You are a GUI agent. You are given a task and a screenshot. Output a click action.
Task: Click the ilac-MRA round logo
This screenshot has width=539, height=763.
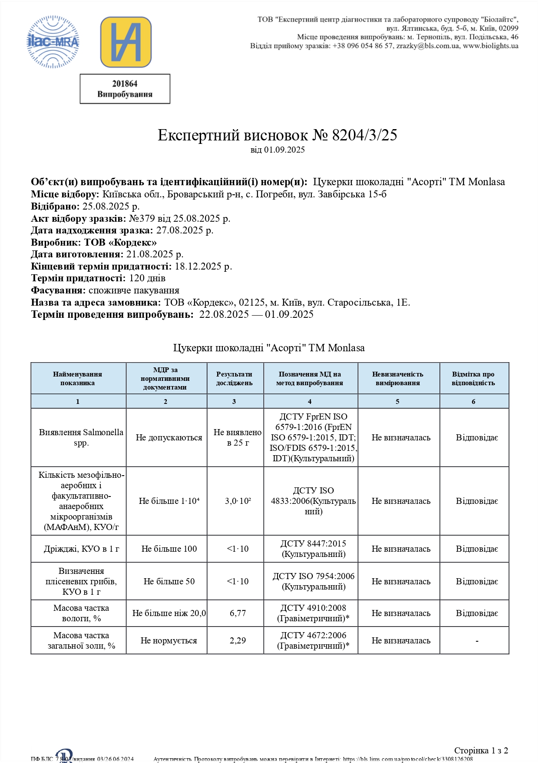53,42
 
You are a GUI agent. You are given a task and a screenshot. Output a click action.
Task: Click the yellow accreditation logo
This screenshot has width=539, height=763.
126,42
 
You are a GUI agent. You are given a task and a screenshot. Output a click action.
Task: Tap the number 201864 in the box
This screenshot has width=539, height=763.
125,83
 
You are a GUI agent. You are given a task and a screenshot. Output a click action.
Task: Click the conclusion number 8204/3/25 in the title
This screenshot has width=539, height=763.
364,135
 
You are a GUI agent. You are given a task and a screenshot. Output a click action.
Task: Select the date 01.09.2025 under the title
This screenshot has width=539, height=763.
284,150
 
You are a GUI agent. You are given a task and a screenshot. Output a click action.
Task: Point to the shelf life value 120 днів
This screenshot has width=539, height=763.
147,278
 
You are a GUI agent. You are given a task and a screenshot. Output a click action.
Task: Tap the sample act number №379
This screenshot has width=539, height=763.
142,218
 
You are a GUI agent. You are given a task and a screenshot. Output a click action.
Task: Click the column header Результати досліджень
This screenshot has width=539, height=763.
235,379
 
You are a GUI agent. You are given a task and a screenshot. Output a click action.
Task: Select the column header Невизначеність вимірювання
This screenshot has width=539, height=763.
397,379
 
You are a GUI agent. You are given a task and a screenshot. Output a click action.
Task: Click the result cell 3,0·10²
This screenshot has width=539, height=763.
238,501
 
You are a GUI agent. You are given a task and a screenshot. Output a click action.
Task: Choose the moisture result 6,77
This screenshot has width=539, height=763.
238,613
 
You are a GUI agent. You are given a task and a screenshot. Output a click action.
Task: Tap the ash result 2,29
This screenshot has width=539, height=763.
238,641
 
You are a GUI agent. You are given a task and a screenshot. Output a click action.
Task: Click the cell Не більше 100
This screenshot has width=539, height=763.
169,549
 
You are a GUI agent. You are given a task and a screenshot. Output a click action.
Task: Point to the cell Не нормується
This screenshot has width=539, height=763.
169,641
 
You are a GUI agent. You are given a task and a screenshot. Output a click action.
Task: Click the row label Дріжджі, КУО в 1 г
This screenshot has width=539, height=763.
81,549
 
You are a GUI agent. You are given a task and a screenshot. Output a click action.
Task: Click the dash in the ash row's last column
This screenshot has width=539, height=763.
477,641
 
